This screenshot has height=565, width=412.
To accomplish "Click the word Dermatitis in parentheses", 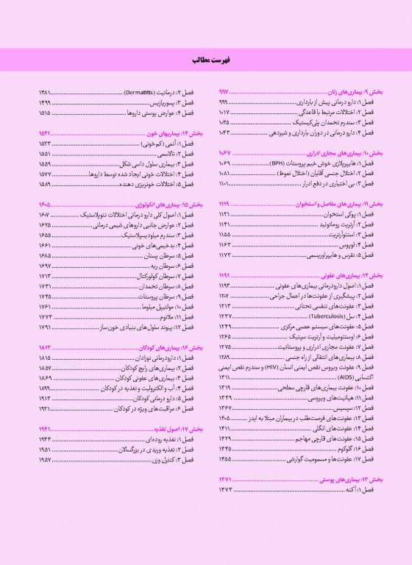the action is (137, 94).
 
